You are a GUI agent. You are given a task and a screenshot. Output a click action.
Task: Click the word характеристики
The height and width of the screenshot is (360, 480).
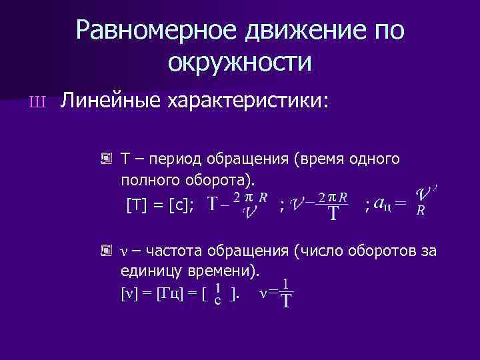(246, 101)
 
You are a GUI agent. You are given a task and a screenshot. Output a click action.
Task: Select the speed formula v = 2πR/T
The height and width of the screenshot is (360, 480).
(320, 205)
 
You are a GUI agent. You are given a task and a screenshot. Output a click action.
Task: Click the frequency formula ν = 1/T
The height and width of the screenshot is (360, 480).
(278, 294)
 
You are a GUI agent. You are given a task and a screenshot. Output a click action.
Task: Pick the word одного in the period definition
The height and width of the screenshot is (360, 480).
(374, 160)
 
